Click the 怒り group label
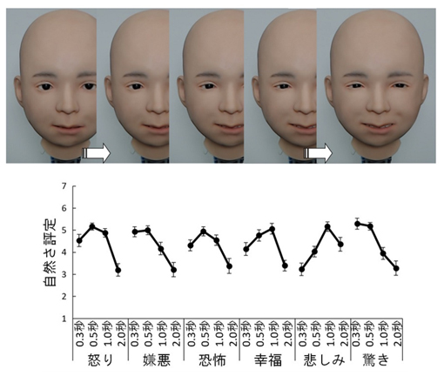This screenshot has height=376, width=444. click(x=98, y=361)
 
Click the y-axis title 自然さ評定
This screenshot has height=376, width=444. click(x=38, y=252)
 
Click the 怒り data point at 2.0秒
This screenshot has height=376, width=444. click(x=118, y=271)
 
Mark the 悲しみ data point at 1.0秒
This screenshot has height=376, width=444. click(x=327, y=226)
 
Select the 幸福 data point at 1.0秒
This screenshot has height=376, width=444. click(x=272, y=229)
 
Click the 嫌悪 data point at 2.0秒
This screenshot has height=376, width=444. click(x=174, y=270)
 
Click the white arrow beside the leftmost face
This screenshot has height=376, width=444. click(x=97, y=153)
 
